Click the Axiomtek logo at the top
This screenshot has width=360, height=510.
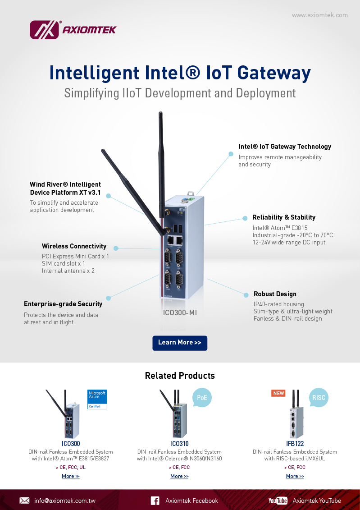coord(73,30)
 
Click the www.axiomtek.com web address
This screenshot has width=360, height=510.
coord(319,15)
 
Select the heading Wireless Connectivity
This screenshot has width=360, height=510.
coord(74,246)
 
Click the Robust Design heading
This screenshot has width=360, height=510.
coord(275,294)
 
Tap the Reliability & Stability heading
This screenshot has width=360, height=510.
coord(283,217)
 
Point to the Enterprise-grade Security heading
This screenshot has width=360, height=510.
coord(63,304)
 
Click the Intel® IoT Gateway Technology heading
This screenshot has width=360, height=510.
coord(285,147)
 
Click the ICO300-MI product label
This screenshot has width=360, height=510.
coord(180,312)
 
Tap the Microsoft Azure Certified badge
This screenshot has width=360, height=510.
coord(97,399)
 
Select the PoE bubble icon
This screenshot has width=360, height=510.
coord(201,398)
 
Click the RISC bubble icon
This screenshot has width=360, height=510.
coord(319,398)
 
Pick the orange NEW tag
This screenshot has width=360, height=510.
coord(278,393)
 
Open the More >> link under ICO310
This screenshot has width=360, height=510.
coord(179,476)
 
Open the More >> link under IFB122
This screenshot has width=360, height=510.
coord(295,476)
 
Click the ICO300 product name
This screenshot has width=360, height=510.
coord(71,444)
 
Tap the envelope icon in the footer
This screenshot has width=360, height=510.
coord(24,501)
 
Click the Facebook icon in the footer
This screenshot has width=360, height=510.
coord(155,501)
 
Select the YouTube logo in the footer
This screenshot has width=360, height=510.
coord(278,501)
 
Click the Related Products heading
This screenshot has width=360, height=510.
coord(180,376)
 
